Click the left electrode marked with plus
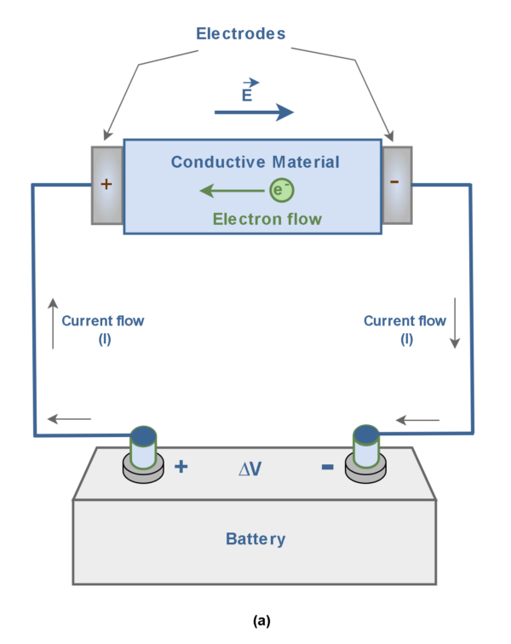pos(107,186)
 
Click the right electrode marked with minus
pos(397,186)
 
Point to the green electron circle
pos(281,190)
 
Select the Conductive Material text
pos(255,162)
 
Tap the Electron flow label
pos(267,219)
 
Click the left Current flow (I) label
pos(103,329)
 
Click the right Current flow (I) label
pos(405,329)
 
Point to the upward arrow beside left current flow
pos(54,324)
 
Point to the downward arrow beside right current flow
pos(455,324)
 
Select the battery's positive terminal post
pos(143,451)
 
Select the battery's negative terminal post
pos(365,451)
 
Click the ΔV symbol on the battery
pos(251,468)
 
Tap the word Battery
pos(255,538)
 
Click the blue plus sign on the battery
pos(181,467)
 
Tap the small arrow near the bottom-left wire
pos(70,418)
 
